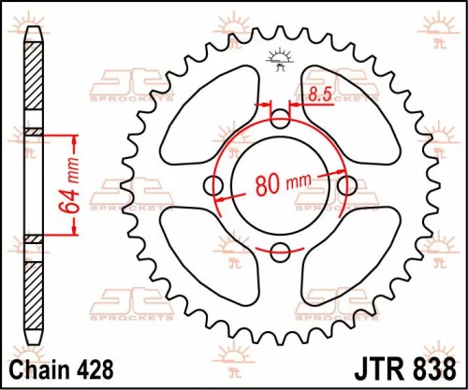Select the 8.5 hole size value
pyautogui.click(x=317, y=94)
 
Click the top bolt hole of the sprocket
pyautogui.click(x=280, y=119)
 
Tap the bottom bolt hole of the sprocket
pyautogui.click(x=280, y=250)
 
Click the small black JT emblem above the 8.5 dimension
pyautogui.click(x=278, y=59)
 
